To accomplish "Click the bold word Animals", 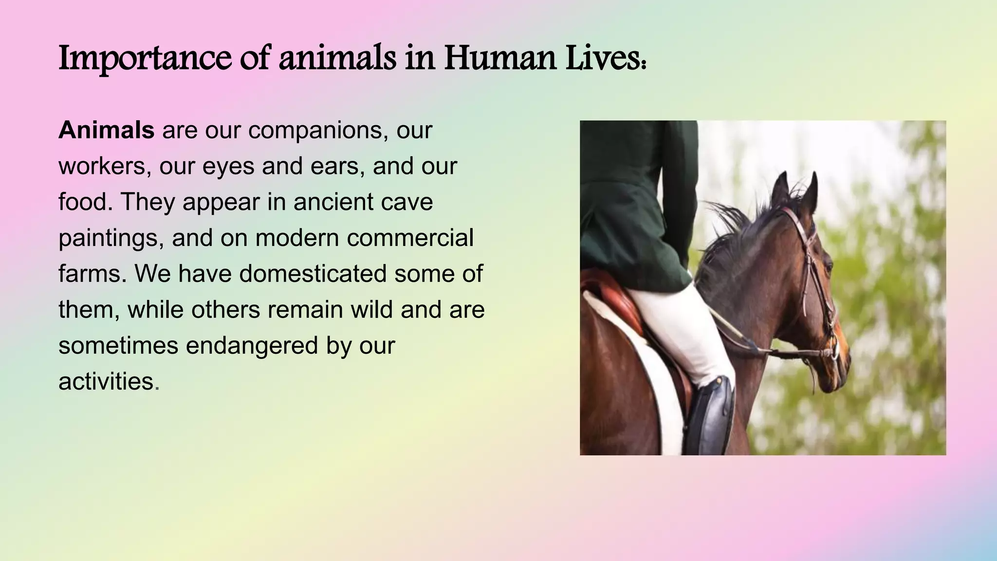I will coord(106,130).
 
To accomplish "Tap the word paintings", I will coord(111,238).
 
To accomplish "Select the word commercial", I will coord(413,238).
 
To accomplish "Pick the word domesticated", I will coord(313,274).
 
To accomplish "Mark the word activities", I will coord(106,381).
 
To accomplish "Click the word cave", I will coord(407,202).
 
